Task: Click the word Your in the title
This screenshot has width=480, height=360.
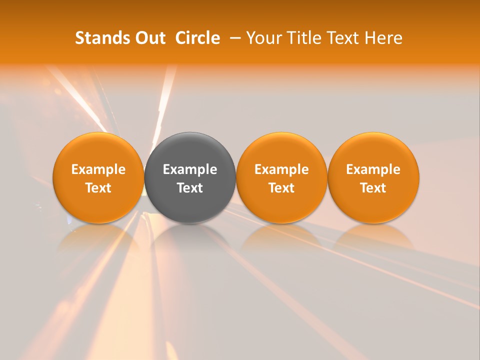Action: [262, 38]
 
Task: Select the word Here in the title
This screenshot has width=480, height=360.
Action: [383, 38]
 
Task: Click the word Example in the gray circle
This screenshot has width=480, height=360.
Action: [190, 169]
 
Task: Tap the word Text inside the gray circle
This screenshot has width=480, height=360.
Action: [190, 188]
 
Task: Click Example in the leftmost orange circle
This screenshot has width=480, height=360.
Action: [98, 169]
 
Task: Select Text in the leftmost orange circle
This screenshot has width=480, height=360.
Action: [98, 188]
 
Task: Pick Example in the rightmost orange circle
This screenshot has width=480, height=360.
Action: [373, 169]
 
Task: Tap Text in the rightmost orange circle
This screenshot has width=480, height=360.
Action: [373, 188]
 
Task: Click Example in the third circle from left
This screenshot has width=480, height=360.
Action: [281, 169]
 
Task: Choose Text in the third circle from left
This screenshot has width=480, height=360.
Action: [281, 188]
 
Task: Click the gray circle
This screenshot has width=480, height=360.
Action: [190, 150]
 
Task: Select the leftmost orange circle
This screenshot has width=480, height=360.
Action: [98, 150]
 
